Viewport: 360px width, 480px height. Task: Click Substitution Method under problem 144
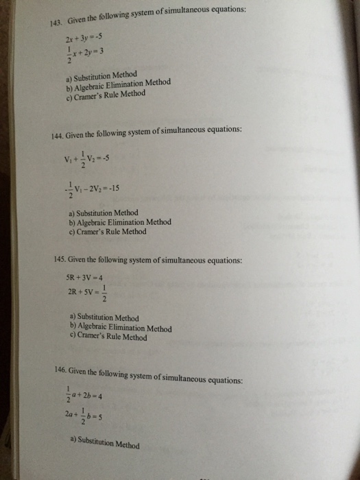[x=104, y=213]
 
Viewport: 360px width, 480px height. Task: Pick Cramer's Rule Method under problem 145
[x=109, y=337]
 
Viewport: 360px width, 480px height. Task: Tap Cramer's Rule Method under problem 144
[x=108, y=232]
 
